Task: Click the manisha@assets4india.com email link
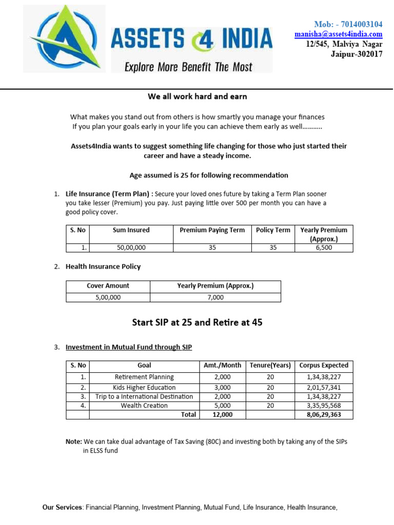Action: point(338,34)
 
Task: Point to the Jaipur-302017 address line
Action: point(357,54)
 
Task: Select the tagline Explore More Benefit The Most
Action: point(189,67)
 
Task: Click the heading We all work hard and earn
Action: point(197,96)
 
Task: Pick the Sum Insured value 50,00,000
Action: point(131,248)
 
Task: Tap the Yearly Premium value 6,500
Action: point(324,248)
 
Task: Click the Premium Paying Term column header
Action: point(212,230)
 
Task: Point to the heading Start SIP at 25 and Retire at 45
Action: point(198,322)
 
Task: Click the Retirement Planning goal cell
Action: point(144,377)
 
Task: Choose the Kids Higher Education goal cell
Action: point(144,388)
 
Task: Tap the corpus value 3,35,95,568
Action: point(324,406)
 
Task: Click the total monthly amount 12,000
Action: point(222,414)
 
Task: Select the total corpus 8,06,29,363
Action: point(324,414)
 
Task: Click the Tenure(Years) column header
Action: point(270,366)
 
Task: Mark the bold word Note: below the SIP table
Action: point(73,441)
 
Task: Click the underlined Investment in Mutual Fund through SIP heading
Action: point(129,347)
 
